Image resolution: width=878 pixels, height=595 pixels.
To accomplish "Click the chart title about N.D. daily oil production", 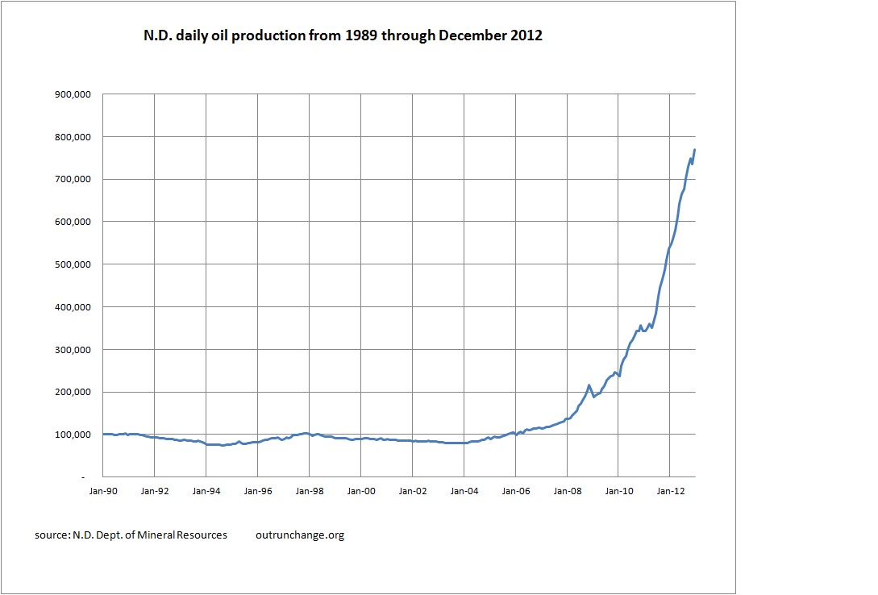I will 333,37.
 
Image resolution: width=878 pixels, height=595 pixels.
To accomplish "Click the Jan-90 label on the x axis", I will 103,490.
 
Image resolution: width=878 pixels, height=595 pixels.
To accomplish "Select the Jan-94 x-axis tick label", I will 206,490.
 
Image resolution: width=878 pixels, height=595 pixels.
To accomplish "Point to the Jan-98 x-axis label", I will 310,490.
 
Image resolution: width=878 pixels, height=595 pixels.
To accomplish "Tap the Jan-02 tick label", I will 413,490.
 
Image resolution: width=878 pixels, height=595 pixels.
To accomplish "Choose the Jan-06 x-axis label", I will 516,490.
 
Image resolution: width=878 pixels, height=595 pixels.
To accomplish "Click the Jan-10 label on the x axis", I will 619,490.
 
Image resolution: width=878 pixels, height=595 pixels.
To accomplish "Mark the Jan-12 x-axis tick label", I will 671,490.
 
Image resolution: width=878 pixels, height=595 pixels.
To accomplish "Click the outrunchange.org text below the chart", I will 299,535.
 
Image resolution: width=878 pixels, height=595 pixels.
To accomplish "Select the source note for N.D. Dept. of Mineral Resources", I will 131,535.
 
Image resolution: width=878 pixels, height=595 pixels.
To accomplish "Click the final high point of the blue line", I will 695,150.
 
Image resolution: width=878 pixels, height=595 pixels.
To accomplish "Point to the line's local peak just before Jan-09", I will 589,385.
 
